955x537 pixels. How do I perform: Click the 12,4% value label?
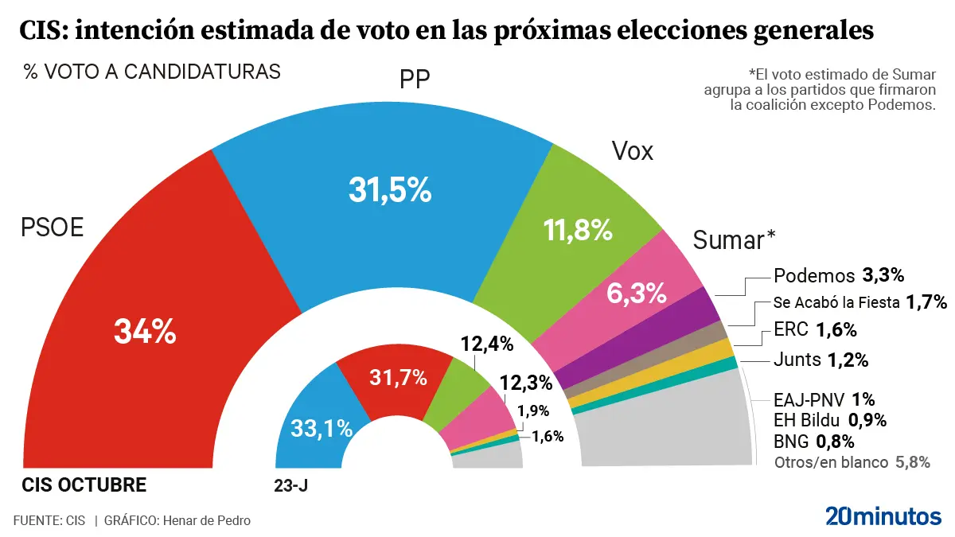click(x=486, y=344)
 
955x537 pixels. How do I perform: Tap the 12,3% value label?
click(x=526, y=382)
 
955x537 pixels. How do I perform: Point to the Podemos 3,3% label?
click(x=839, y=276)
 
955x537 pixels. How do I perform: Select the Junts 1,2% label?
click(x=821, y=360)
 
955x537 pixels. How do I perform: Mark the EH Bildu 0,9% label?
click(x=829, y=420)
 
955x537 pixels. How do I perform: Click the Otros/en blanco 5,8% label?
click(x=852, y=462)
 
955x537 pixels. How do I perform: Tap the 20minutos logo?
click(x=883, y=516)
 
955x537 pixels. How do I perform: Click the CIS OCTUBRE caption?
click(x=84, y=484)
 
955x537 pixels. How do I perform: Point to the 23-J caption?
click(x=290, y=484)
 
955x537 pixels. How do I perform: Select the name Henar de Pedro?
click(x=206, y=520)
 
